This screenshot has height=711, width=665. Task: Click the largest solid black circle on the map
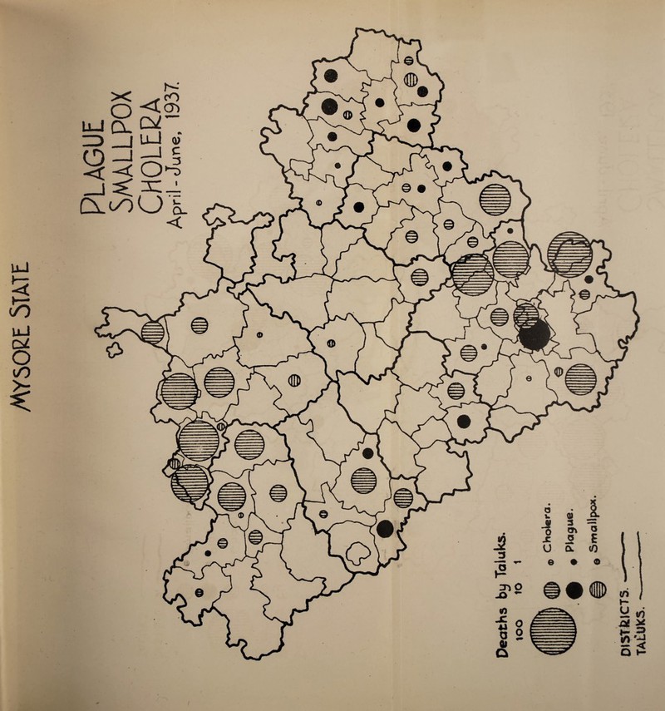point(534,334)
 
